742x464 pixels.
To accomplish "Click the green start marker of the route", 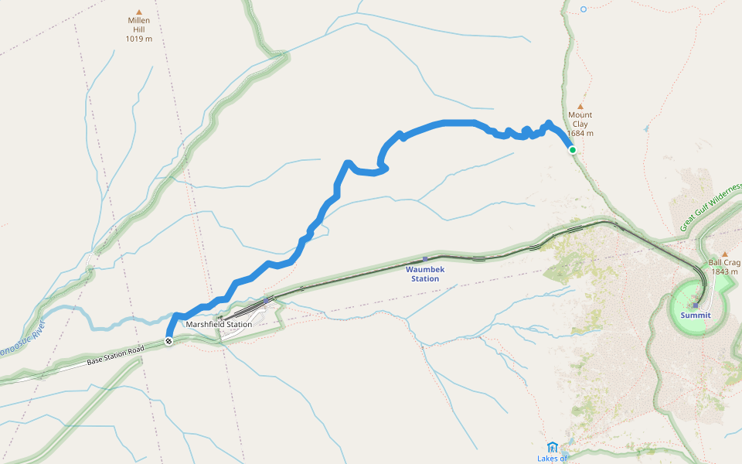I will [x=573, y=150].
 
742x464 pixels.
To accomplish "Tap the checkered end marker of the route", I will [x=168, y=341].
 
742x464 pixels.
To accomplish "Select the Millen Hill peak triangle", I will [x=139, y=12].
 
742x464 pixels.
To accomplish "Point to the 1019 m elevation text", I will [x=139, y=38].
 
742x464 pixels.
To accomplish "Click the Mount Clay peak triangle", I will [x=580, y=107].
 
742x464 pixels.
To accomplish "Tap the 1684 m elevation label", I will [x=580, y=133].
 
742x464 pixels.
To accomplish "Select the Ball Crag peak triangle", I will [x=724, y=254].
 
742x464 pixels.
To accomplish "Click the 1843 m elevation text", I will [x=724, y=271].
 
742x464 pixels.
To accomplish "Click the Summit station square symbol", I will [x=696, y=305].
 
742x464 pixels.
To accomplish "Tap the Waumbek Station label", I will [x=425, y=274].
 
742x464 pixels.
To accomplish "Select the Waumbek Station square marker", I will [x=425, y=259].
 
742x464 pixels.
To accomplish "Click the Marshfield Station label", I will [x=219, y=324].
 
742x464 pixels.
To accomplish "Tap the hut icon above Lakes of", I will [x=552, y=448].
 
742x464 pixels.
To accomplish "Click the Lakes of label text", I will [x=552, y=459].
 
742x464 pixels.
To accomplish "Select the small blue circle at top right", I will [x=584, y=9].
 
